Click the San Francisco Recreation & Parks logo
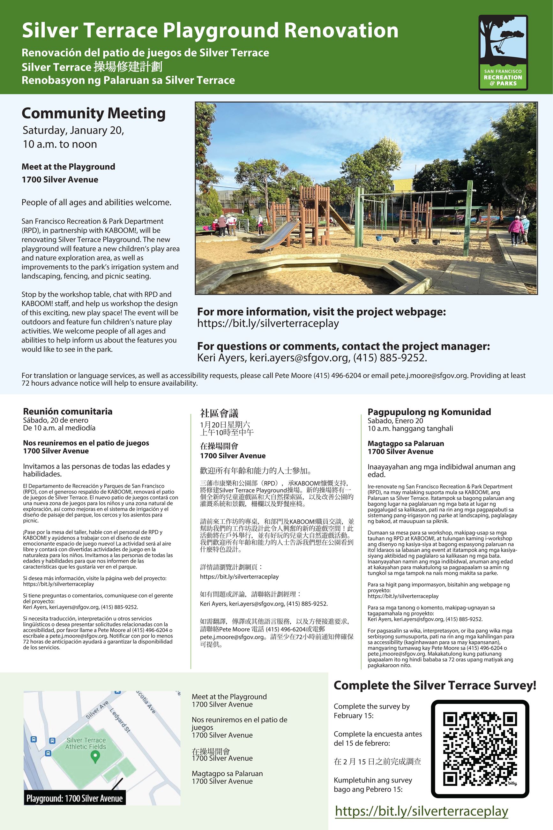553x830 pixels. click(x=503, y=53)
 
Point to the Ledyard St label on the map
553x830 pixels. click(x=120, y=720)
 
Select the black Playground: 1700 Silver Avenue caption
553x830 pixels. click(x=74, y=798)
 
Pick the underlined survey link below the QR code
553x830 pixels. click(x=422, y=811)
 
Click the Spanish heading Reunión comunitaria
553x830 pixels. click(x=68, y=411)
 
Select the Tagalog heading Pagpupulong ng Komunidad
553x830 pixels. click(x=429, y=412)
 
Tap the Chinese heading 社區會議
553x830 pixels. click(x=219, y=413)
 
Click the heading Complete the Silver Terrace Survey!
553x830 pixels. click(x=435, y=685)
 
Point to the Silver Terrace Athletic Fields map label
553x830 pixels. click(x=86, y=743)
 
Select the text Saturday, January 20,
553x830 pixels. click(x=73, y=131)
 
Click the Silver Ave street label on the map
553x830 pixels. click(x=97, y=710)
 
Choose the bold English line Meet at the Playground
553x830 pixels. click(x=68, y=167)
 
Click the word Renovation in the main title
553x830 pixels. click(x=341, y=31)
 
